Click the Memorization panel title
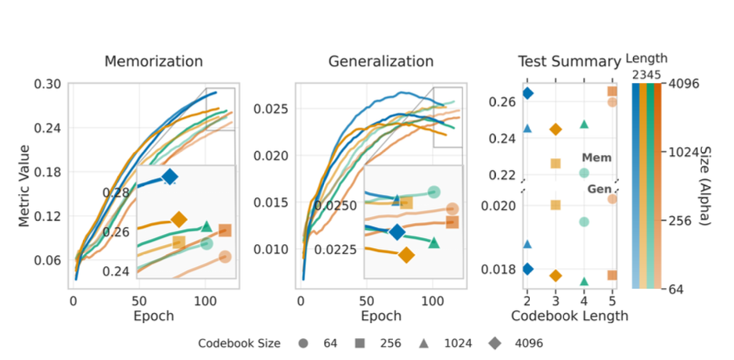coord(153,62)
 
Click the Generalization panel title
coord(380,62)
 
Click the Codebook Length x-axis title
coord(568,316)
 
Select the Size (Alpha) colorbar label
coord(703,185)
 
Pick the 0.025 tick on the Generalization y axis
coord(272,108)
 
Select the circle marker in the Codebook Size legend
coord(301,343)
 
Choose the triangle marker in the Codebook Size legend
coord(423,343)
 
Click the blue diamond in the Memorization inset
coord(170,177)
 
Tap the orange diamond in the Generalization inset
coord(405,255)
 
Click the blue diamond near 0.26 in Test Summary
coord(527,93)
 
